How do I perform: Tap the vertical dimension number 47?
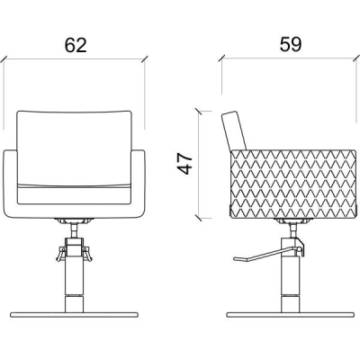(184, 163)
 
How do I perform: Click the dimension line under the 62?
(76, 60)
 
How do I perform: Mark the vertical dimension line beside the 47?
(200, 166)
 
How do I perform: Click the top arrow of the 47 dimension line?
(200, 113)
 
